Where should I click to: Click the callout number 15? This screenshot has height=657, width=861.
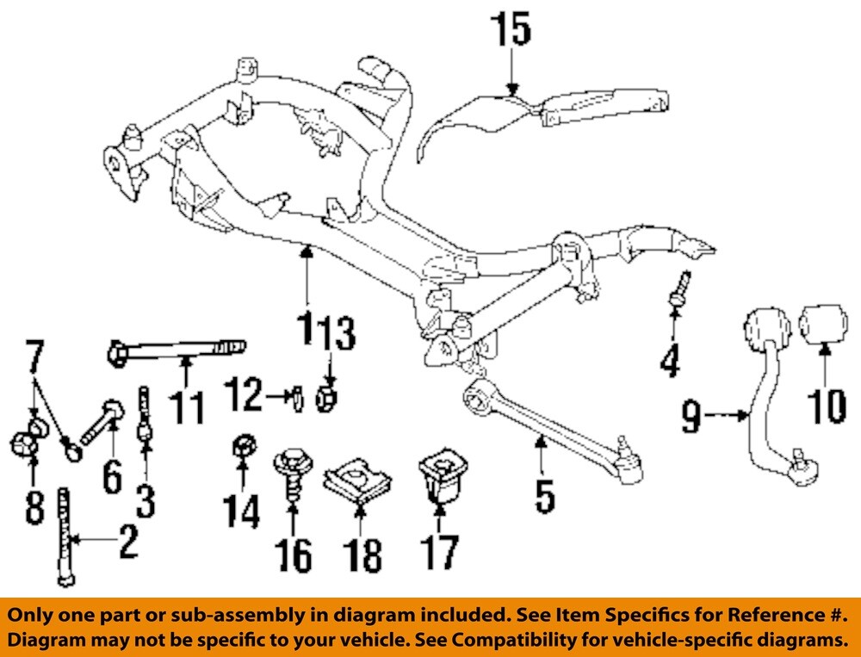(x=511, y=30)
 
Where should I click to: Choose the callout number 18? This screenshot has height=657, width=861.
(x=362, y=555)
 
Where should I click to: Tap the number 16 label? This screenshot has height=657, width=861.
(x=294, y=555)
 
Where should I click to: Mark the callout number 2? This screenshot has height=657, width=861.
(x=127, y=542)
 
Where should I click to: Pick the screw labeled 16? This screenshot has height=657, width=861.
(x=293, y=479)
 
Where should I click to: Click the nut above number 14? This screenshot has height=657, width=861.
(x=243, y=449)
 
